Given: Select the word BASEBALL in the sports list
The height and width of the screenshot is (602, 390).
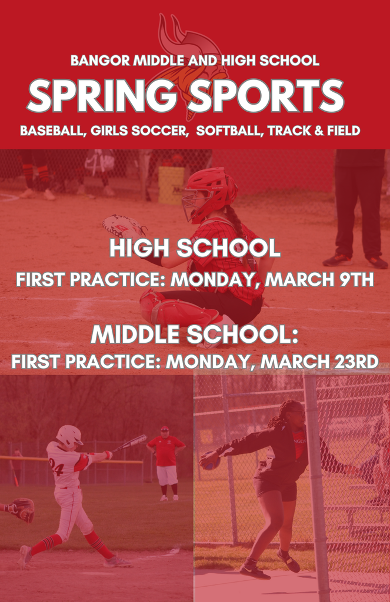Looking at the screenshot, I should pyautogui.click(x=52, y=131).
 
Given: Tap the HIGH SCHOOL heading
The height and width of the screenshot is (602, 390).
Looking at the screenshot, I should pyautogui.click(x=195, y=249).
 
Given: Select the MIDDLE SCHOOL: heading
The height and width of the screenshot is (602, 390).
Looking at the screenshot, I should pyautogui.click(x=195, y=335).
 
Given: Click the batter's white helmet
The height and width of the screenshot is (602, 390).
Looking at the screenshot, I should pyautogui.click(x=69, y=436).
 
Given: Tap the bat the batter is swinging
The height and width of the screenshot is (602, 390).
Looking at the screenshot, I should pyautogui.click(x=130, y=443).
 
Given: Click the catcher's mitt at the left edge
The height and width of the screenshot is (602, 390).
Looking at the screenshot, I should pyautogui.click(x=21, y=509).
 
